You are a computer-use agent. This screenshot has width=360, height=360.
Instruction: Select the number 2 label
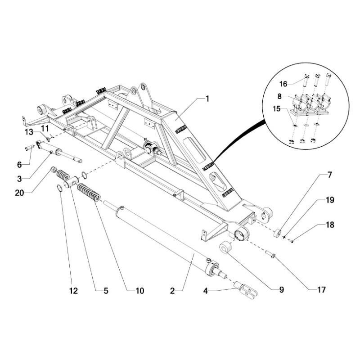pyautogui.click(x=172, y=291)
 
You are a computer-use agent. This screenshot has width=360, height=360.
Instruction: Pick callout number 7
pyautogui.click(x=330, y=175)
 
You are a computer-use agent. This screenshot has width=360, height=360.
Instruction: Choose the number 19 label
pyautogui.click(x=330, y=200)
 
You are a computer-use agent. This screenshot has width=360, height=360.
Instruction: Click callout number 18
pyautogui.click(x=330, y=225)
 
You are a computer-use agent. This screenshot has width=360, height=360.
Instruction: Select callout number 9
pyautogui.click(x=282, y=291)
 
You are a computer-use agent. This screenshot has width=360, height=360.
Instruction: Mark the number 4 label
pyautogui.click(x=205, y=291)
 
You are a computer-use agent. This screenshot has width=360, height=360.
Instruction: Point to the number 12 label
pyautogui.click(x=73, y=291)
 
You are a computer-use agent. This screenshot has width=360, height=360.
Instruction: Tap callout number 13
pyautogui.click(x=29, y=131)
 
